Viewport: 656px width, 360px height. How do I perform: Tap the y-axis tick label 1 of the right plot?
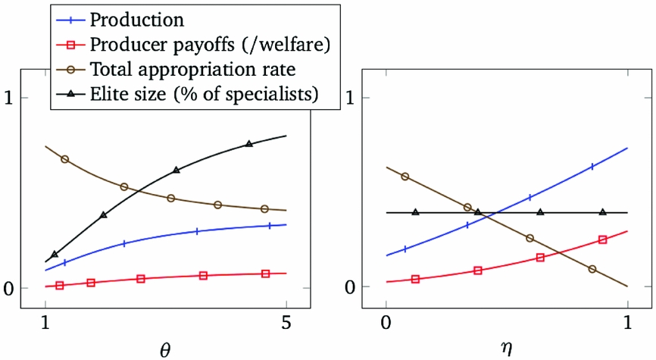click(x=351, y=99)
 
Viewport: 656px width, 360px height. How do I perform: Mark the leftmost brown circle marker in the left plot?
click(x=64, y=159)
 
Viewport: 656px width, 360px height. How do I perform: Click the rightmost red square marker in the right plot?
click(x=603, y=239)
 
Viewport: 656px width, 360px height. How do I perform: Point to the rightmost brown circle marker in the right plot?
click(x=592, y=269)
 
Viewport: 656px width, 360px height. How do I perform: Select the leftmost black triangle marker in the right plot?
click(x=415, y=211)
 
